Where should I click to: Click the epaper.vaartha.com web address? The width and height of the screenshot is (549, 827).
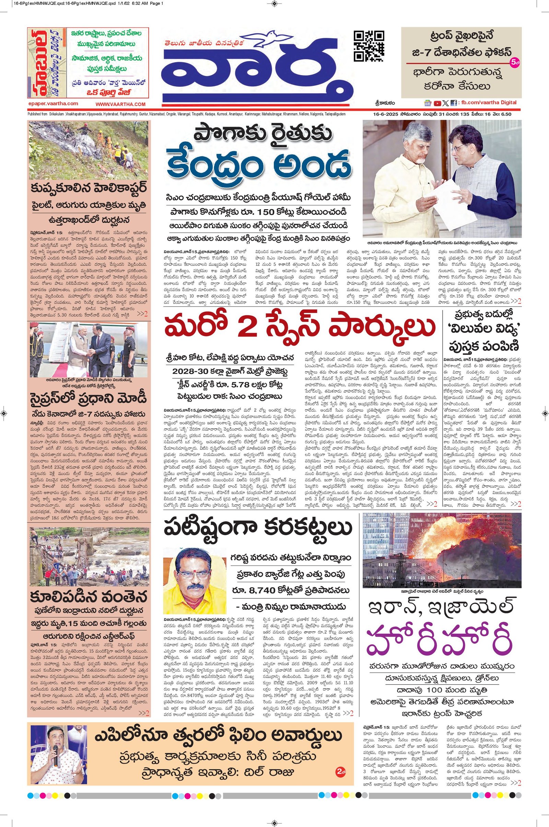coord(53,104)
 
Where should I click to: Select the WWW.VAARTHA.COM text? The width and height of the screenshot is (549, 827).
coord(120,104)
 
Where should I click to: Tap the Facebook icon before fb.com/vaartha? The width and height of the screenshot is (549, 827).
coord(453,103)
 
